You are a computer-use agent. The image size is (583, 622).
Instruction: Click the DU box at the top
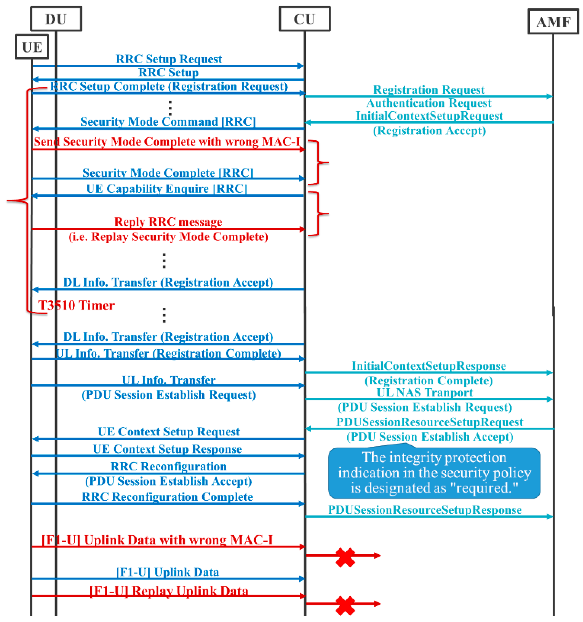56,19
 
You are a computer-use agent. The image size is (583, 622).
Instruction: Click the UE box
32,47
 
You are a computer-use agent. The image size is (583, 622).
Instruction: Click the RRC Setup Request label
169,59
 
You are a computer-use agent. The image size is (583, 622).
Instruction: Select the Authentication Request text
428,103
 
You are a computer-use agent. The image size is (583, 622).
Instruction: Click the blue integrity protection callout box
434,472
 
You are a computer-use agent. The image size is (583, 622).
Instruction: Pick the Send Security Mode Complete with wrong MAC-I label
166,141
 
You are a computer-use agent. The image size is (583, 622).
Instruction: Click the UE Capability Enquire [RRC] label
166,189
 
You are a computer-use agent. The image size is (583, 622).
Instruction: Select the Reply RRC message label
168,222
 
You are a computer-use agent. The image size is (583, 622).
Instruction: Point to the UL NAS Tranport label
424,392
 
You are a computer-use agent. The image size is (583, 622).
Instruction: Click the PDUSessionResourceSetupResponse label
424,510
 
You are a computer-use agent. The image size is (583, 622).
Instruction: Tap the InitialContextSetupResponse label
428,365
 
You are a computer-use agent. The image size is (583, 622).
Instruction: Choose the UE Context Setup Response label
167,449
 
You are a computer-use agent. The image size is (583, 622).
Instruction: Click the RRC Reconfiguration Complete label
167,497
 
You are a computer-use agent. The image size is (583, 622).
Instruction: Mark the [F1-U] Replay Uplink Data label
169,591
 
